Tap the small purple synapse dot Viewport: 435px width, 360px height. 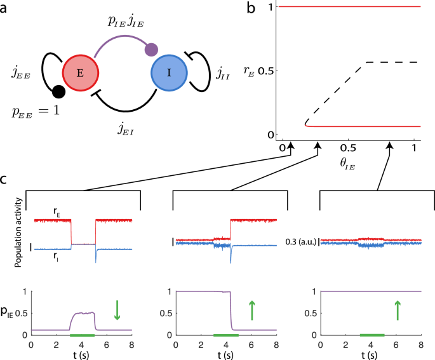point(152,48)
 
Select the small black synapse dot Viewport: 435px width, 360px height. point(58,93)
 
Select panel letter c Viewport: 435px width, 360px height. point(4,179)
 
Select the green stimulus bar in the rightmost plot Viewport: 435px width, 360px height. point(372,335)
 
